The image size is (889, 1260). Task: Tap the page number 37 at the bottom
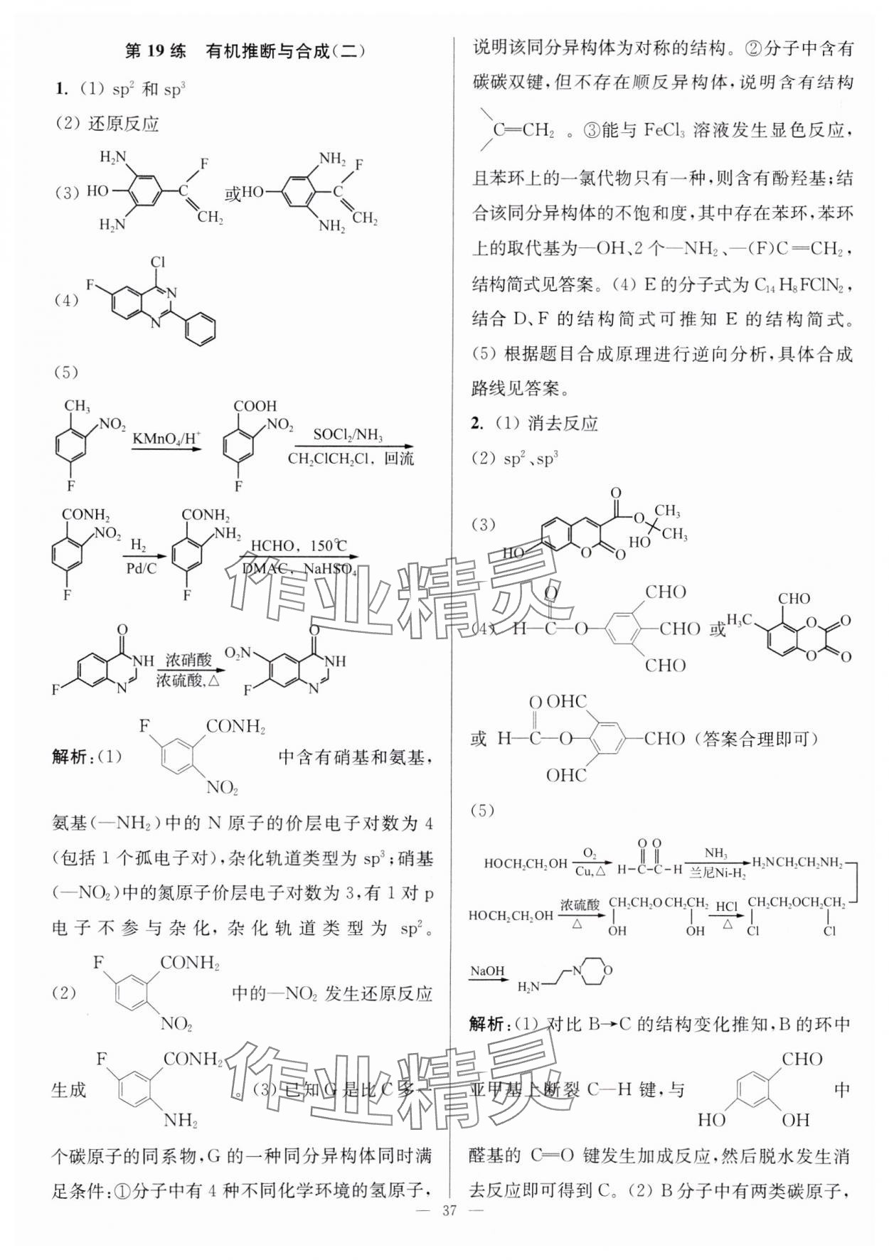pyautogui.click(x=445, y=1238)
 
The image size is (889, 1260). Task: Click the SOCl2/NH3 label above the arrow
pyautogui.click(x=346, y=434)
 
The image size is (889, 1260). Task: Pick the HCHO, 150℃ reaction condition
pyautogui.click(x=298, y=546)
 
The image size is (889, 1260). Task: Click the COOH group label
pyautogui.click(x=255, y=406)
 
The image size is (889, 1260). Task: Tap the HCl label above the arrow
pyautogui.click(x=726, y=907)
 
